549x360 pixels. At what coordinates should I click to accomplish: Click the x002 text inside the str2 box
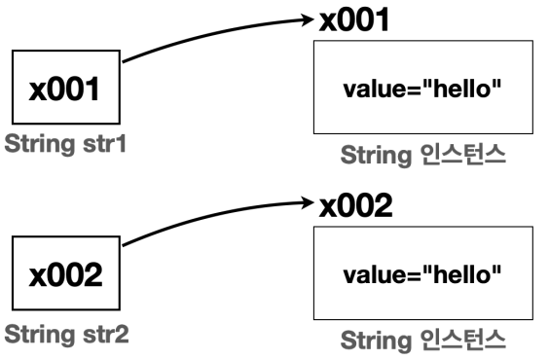point(66,276)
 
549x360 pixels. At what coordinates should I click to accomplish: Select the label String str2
point(66,336)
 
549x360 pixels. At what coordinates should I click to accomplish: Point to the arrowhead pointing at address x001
point(310,18)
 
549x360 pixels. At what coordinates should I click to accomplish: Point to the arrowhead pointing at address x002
point(310,205)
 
